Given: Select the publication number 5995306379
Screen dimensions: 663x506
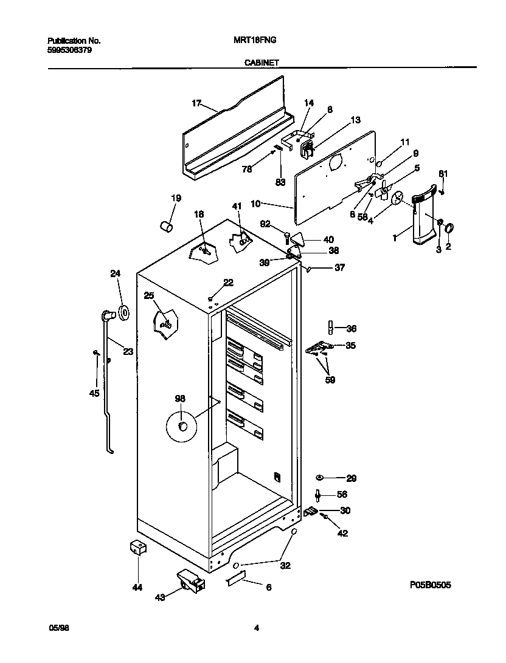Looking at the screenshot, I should [70, 50].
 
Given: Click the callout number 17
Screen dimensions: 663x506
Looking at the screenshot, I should [196, 103].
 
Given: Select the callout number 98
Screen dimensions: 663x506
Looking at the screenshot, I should [180, 399].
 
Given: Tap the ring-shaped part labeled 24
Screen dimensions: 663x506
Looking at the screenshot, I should [124, 313].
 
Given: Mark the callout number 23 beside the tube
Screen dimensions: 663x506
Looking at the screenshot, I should [128, 351].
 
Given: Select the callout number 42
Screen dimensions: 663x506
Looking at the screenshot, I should [343, 534].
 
